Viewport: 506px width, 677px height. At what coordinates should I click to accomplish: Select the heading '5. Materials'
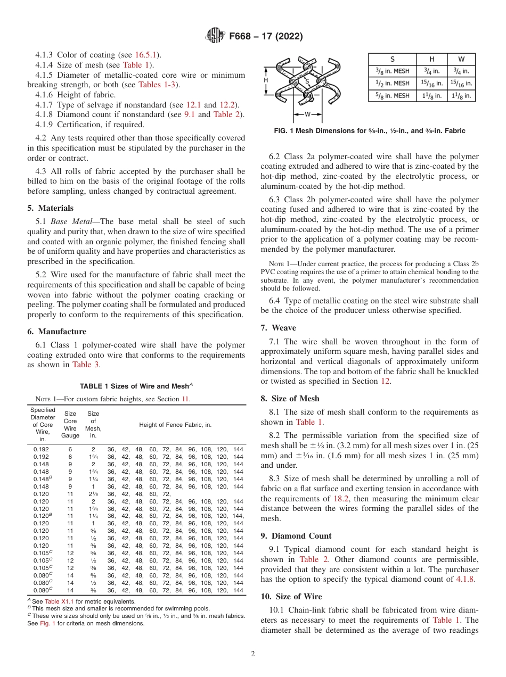(x=50, y=208)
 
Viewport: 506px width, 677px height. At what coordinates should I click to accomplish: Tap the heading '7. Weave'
(x=278, y=327)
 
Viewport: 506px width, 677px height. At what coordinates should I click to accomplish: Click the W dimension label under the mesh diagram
(x=307, y=114)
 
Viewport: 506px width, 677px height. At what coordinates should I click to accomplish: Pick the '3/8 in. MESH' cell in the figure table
(x=390, y=71)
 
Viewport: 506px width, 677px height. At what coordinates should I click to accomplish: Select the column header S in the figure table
(x=390, y=59)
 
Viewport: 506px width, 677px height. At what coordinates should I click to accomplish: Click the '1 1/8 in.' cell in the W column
(x=461, y=96)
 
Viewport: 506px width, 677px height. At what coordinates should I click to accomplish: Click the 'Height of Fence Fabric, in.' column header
(x=175, y=425)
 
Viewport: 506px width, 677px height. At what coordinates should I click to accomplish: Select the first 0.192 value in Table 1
(x=41, y=450)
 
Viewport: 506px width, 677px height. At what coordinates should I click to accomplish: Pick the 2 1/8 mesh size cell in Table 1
(x=93, y=494)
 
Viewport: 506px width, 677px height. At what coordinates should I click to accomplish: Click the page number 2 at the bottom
(x=252, y=654)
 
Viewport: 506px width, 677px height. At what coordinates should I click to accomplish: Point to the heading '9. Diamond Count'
(x=296, y=536)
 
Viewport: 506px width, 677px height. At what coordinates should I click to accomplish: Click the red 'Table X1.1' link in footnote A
(x=59, y=601)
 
